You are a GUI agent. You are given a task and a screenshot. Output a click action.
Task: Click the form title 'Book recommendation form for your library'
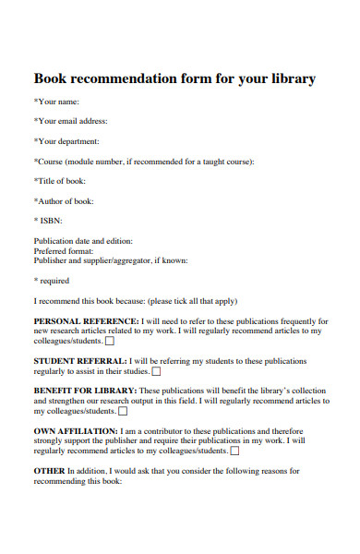(x=174, y=79)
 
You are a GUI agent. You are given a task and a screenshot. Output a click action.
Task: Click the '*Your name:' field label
(x=56, y=101)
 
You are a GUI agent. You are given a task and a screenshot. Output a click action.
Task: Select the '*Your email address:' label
(x=71, y=121)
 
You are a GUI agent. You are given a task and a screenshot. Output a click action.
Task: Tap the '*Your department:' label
(x=66, y=141)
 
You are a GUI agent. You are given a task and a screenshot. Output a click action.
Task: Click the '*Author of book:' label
(x=64, y=201)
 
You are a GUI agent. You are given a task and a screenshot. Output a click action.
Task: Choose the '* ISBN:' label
(x=52, y=222)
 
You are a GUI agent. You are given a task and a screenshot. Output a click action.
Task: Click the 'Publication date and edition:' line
(x=83, y=241)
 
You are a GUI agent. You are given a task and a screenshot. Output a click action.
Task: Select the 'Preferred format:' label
(x=64, y=250)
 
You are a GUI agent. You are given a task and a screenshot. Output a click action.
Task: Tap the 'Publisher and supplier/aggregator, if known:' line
(x=111, y=260)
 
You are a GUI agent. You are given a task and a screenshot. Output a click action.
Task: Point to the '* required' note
(x=51, y=281)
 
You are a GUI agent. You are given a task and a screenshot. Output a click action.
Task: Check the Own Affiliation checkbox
(x=234, y=451)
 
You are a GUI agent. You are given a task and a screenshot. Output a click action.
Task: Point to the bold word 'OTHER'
(x=50, y=471)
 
